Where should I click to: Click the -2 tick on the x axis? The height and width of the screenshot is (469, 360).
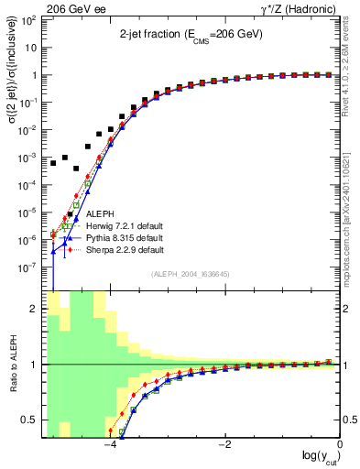[224, 444]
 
